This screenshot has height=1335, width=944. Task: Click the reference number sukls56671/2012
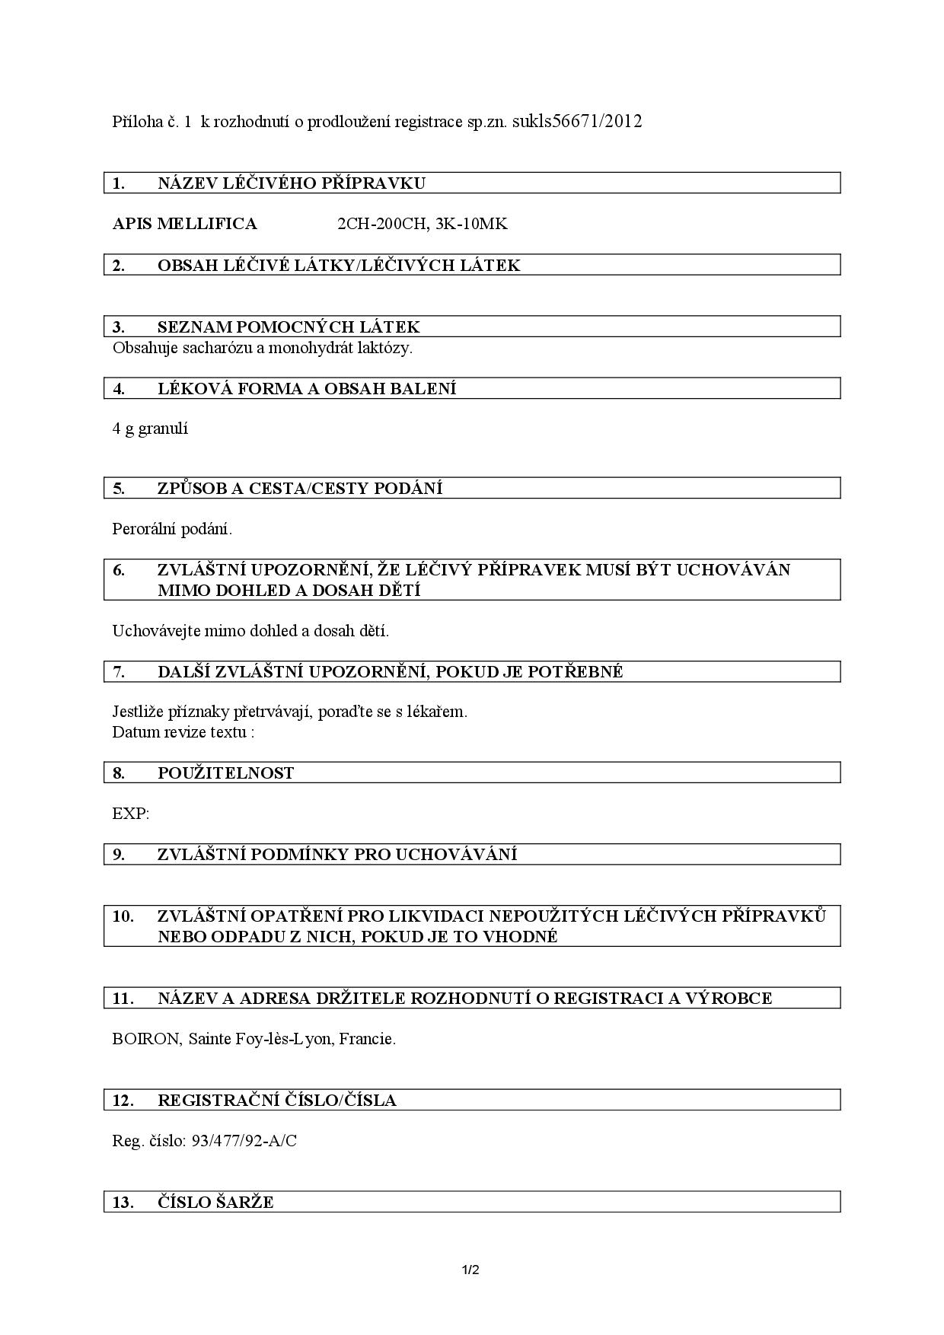(x=577, y=121)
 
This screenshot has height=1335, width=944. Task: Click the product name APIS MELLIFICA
(x=184, y=224)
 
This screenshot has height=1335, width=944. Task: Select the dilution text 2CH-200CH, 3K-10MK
(x=422, y=224)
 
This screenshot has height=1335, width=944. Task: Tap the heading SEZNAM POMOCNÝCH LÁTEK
(x=289, y=327)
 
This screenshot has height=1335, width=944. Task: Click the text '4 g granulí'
(x=150, y=429)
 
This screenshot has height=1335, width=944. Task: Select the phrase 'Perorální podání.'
(x=172, y=528)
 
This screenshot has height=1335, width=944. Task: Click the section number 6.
(x=119, y=570)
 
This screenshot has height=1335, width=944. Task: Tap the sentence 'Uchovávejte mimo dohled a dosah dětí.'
(x=250, y=631)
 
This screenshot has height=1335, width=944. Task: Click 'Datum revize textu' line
(x=183, y=732)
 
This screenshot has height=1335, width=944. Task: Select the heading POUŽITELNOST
(x=225, y=773)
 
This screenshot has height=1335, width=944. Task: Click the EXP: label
(x=131, y=814)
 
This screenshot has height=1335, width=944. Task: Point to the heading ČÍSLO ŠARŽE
(x=215, y=1203)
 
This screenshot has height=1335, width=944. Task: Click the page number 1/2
(x=470, y=1270)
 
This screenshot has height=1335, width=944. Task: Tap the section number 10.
(x=123, y=916)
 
